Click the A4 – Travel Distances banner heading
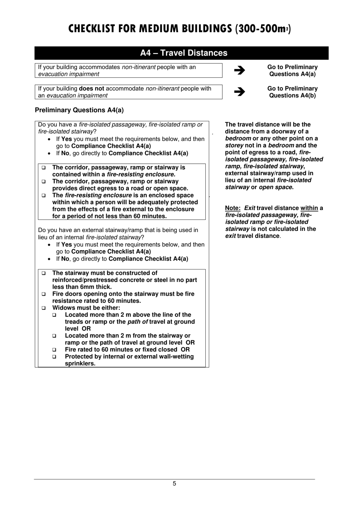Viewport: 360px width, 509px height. (x=183, y=53)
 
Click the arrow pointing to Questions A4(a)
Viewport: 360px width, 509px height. (x=239, y=70)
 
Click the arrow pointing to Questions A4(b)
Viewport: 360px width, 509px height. (x=239, y=92)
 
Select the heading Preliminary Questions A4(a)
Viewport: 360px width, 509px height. (x=79, y=110)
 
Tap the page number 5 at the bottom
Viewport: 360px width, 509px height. (x=174, y=484)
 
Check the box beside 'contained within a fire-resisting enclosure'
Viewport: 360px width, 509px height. (x=44, y=168)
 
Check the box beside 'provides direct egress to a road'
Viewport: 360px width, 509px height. (x=44, y=182)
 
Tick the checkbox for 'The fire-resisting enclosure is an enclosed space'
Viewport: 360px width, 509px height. (x=44, y=196)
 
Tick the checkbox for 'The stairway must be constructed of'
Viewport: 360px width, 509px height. (x=44, y=273)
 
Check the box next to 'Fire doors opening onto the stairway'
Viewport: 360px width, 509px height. (x=44, y=294)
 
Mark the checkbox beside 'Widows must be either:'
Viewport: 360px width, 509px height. (x=44, y=308)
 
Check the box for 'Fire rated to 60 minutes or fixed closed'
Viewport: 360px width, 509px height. (x=55, y=350)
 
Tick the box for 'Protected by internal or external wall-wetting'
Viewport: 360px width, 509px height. (x=55, y=357)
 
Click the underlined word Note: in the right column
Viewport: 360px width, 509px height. (x=233, y=208)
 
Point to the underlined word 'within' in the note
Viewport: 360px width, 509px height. (x=309, y=208)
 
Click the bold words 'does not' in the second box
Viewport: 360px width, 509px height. (x=91, y=89)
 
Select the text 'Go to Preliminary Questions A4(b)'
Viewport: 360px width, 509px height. (x=292, y=92)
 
